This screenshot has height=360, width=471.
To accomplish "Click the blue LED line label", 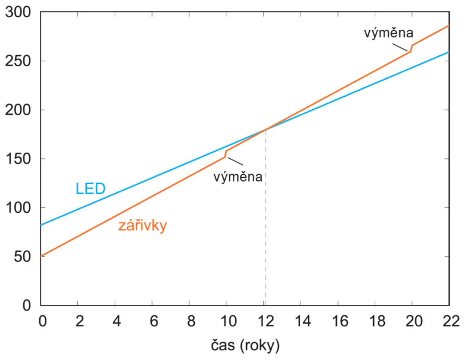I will [x=91, y=188].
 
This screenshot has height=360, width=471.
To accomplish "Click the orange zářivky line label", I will [x=143, y=226].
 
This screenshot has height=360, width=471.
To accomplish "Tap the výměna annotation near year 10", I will [x=238, y=177].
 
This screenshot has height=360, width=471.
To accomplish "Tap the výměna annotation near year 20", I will [x=389, y=32].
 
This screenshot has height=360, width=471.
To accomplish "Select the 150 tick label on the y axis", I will [x=18, y=159].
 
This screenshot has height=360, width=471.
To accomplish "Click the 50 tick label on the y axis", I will [x=22, y=256].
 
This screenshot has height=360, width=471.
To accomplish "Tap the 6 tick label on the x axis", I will [x=152, y=320].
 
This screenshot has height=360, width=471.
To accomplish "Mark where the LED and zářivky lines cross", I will [x=266, y=129].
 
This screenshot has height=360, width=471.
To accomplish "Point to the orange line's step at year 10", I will [x=226, y=153].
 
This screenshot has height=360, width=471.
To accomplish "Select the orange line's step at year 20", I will [x=412, y=48].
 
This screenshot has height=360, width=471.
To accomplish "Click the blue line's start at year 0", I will [x=41, y=225].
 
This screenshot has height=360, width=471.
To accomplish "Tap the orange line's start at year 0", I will [x=41, y=256].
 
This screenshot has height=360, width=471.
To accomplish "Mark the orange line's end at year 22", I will [x=449, y=26].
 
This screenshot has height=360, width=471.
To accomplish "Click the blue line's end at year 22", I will [x=449, y=52].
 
